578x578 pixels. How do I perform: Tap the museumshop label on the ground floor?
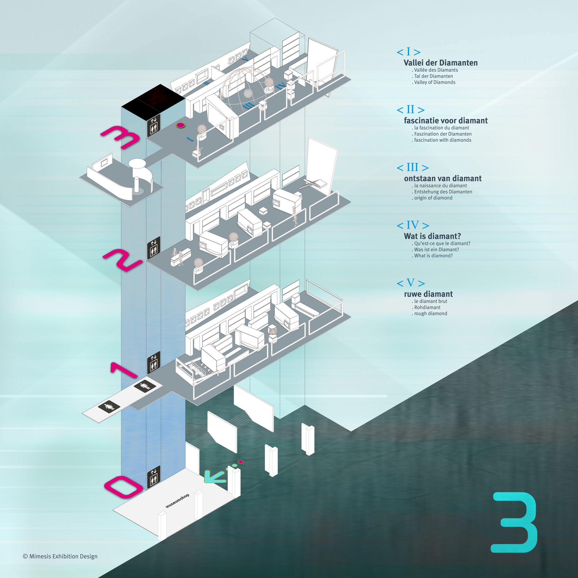[x=178, y=501]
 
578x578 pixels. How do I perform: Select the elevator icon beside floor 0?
[x=154, y=477]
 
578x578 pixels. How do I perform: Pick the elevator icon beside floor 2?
[x=154, y=248]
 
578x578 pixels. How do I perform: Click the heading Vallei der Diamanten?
[x=440, y=63]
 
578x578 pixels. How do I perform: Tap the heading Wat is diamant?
[x=432, y=236]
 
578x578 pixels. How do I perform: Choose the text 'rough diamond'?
[x=430, y=313]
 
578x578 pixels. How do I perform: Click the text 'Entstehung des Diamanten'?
[x=443, y=192]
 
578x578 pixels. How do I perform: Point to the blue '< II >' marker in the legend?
[x=411, y=110]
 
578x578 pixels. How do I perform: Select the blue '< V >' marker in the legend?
[x=411, y=283]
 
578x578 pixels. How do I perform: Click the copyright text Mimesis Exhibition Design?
[x=60, y=556]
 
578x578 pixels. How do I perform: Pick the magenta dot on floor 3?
[x=180, y=125]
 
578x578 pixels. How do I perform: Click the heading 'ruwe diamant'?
[x=428, y=294]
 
